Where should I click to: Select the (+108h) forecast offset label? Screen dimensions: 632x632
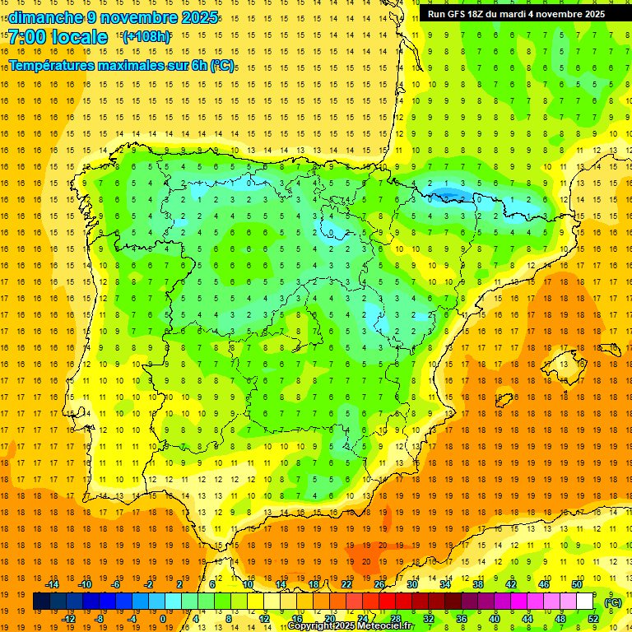[x=146, y=37]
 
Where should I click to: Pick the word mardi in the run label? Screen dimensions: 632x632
[x=531, y=14]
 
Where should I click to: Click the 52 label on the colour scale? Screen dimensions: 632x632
[x=592, y=619]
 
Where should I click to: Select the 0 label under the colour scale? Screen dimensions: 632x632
[x=164, y=619]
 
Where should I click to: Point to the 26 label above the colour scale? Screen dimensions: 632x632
[x=379, y=584]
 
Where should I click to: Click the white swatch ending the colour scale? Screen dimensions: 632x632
[x=584, y=602]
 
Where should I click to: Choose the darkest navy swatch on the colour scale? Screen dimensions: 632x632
[x=41, y=602]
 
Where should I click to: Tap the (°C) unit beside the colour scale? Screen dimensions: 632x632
[x=612, y=602]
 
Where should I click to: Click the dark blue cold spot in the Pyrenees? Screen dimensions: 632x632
[x=448, y=194]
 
